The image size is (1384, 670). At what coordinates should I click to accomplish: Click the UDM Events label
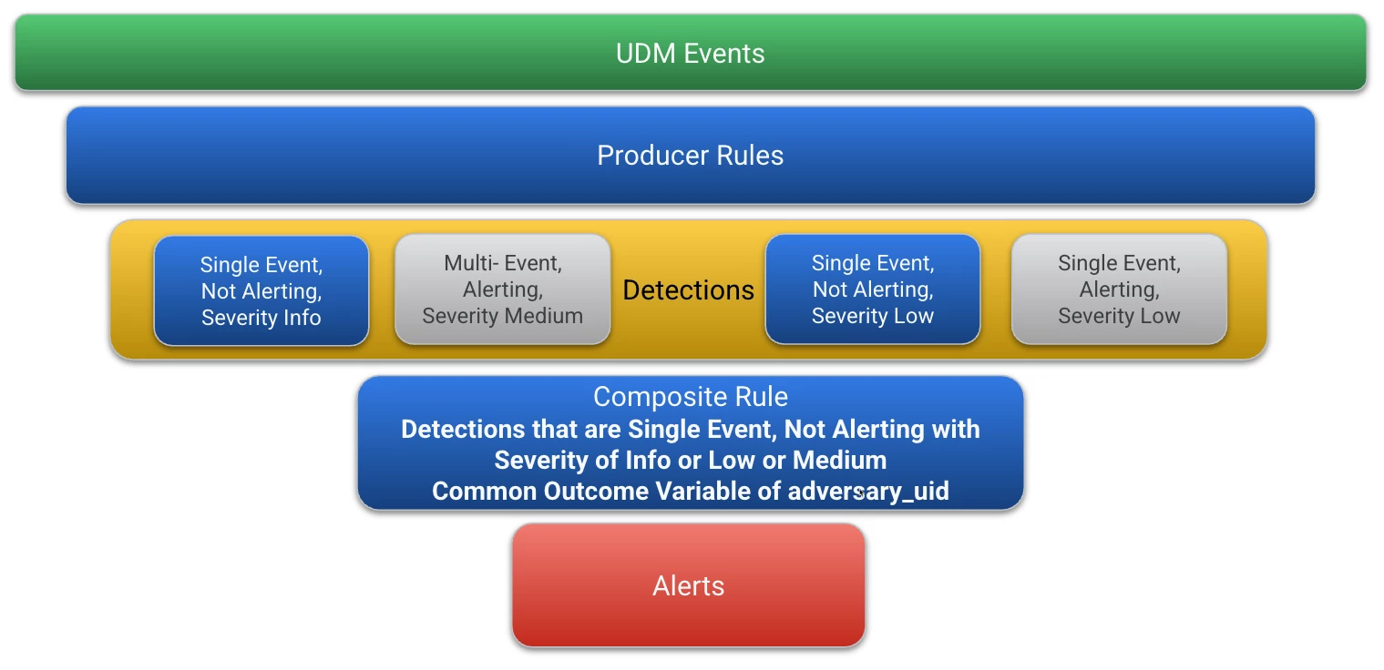(690, 54)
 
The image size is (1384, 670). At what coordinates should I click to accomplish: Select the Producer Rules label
(690, 155)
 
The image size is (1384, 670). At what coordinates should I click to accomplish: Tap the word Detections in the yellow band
(688, 289)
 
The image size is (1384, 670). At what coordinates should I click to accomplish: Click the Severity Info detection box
(261, 290)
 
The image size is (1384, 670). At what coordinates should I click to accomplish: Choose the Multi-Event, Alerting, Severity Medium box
(503, 289)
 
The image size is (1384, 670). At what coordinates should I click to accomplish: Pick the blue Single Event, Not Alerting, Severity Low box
(873, 289)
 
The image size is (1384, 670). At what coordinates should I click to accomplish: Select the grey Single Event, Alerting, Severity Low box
(1119, 289)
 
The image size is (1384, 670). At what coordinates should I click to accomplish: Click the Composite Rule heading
(691, 396)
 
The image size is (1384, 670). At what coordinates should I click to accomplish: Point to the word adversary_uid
(868, 492)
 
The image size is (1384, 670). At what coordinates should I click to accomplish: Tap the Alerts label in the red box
(688, 585)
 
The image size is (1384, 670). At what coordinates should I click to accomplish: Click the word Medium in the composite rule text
(839, 460)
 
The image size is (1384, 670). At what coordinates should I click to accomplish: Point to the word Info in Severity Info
(302, 318)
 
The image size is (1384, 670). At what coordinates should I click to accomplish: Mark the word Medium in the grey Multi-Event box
(544, 316)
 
